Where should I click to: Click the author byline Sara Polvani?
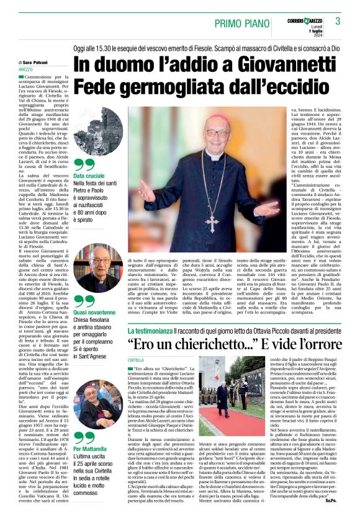point(42,63)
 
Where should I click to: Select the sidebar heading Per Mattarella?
point(92,448)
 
